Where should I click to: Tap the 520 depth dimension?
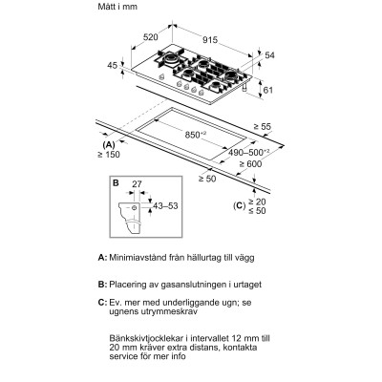click(148, 37)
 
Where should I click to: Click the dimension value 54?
click(268, 55)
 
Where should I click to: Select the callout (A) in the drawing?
click(108, 142)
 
